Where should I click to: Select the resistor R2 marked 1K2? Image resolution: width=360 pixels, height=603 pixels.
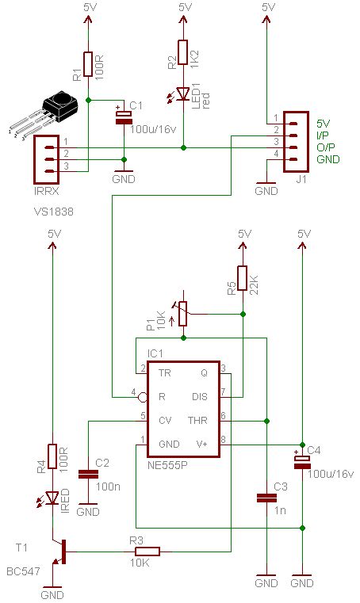click(183, 52)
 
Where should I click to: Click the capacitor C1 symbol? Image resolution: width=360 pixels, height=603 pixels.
click(124, 116)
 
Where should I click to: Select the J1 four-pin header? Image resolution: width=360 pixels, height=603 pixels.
click(294, 140)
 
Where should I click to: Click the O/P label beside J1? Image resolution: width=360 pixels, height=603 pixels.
click(325, 147)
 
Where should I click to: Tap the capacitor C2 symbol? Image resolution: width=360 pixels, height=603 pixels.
click(88, 475)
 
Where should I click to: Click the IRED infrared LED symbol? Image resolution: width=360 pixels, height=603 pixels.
click(52, 498)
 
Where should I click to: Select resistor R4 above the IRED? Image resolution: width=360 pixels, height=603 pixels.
click(52, 456)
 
